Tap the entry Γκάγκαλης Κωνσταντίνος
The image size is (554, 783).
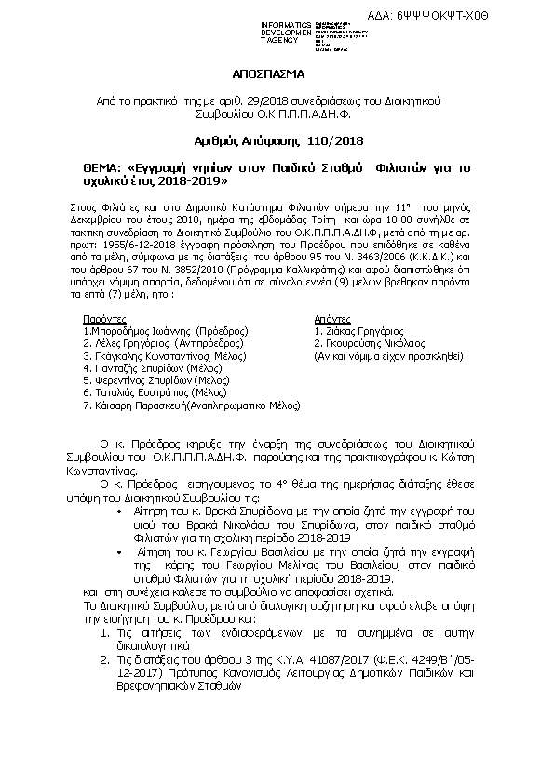tap(145, 355)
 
